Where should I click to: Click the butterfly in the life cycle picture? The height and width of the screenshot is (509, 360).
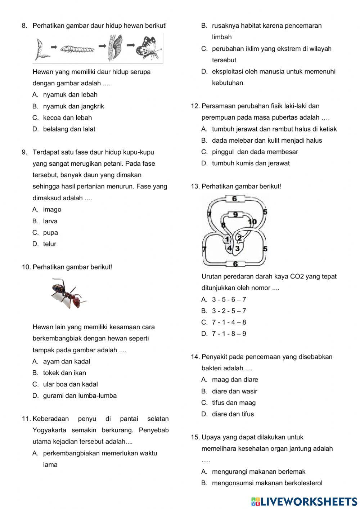pos(148,48)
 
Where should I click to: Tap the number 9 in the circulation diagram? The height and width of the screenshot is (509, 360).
pos(235,215)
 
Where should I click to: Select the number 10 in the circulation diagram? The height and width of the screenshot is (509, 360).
pos(252,222)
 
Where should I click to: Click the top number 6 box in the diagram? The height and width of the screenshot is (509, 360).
pos(235,199)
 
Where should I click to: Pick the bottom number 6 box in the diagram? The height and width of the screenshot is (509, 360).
pos(235,264)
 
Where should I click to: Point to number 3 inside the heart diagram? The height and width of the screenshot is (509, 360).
pos(238,248)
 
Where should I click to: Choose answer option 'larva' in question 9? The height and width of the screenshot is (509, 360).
pos(50,221)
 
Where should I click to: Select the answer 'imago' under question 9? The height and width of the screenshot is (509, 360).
pos(52,210)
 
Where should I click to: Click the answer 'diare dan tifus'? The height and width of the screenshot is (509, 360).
pos(233,414)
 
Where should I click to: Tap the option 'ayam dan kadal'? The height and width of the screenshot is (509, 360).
pos(66,362)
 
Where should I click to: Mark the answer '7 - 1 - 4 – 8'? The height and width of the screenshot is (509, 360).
pos(229,322)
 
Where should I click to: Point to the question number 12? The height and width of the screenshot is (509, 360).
pos(195,106)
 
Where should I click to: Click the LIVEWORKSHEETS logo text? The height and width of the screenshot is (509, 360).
pos(308,501)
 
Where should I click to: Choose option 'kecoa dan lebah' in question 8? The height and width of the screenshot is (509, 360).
pos(67,118)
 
